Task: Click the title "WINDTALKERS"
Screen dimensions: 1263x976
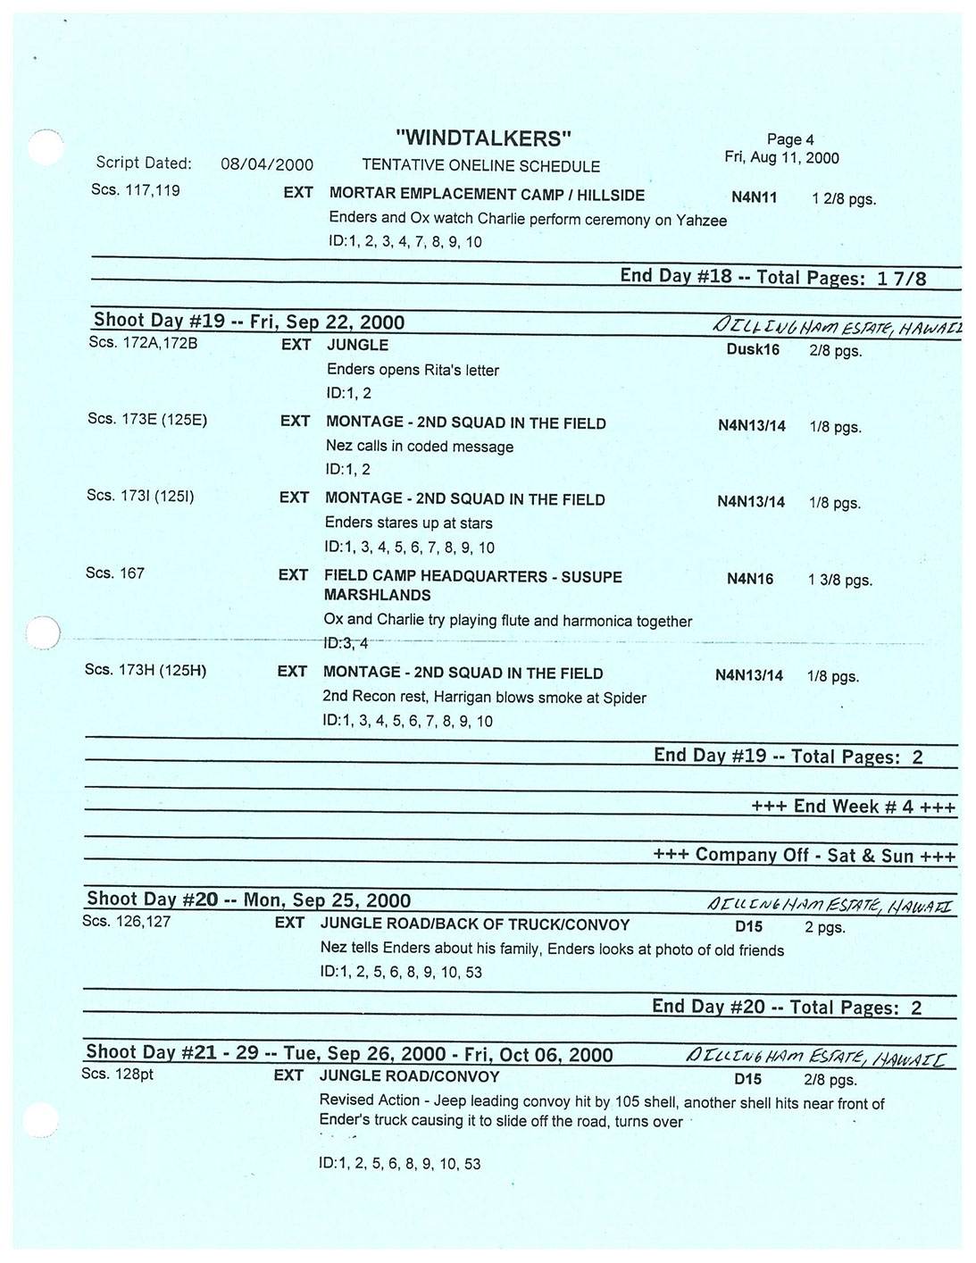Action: (x=482, y=138)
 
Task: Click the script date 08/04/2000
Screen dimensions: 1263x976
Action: (x=266, y=164)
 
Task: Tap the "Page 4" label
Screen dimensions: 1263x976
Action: (x=789, y=139)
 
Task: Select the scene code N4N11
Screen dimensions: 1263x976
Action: (x=754, y=198)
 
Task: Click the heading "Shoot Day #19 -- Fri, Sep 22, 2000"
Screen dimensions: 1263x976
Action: (x=248, y=322)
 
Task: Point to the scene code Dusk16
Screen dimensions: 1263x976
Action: (x=752, y=350)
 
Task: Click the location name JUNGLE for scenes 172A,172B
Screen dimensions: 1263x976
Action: (x=357, y=345)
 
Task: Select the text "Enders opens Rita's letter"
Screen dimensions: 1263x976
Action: (x=413, y=370)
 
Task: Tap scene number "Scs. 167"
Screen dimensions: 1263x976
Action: (x=114, y=573)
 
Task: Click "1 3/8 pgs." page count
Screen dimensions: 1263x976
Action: (x=839, y=581)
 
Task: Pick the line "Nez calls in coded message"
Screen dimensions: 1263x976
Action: (x=419, y=447)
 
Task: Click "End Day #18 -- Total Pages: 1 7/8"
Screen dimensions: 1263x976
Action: (x=772, y=277)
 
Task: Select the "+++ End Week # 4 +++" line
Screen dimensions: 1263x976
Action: (x=853, y=807)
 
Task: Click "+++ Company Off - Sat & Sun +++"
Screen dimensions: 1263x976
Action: (x=804, y=856)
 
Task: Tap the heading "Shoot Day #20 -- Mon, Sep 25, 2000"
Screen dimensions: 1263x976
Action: (x=248, y=900)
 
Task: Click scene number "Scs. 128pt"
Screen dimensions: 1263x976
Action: (x=117, y=1074)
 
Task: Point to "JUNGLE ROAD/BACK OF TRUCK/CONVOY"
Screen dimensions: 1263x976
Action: (x=474, y=924)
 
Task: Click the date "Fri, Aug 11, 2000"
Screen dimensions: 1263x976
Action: (x=780, y=158)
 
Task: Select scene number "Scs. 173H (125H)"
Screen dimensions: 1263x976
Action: (x=145, y=670)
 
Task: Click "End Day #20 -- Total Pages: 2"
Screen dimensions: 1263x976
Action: (x=786, y=1008)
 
